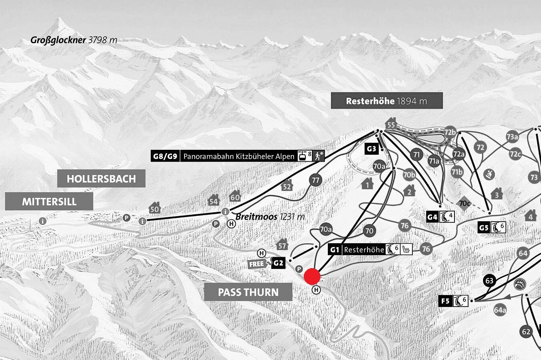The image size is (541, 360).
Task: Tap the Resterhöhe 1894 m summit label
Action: pyautogui.click(x=386, y=100)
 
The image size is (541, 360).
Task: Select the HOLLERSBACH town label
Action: pyautogui.click(x=101, y=178)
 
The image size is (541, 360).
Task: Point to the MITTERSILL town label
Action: pyautogui.click(x=49, y=201)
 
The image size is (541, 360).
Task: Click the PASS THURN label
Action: pyautogui.click(x=248, y=292)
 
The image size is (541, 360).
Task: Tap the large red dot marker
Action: pyautogui.click(x=312, y=276)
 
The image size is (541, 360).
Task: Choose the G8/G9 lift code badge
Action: pyautogui.click(x=165, y=156)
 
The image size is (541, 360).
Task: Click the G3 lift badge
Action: pyautogui.click(x=371, y=149)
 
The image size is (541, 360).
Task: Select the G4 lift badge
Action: pyautogui.click(x=432, y=217)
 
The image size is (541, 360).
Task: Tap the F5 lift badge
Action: pyautogui.click(x=445, y=301)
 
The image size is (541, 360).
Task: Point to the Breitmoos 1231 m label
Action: pyautogui.click(x=270, y=217)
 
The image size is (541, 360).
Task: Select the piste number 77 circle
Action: pyautogui.click(x=315, y=180)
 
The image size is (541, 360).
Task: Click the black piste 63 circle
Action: pyautogui.click(x=490, y=281)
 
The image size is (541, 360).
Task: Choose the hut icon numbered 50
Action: pyautogui.click(x=154, y=208)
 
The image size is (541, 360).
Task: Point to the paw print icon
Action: pyautogui.click(x=521, y=284)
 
